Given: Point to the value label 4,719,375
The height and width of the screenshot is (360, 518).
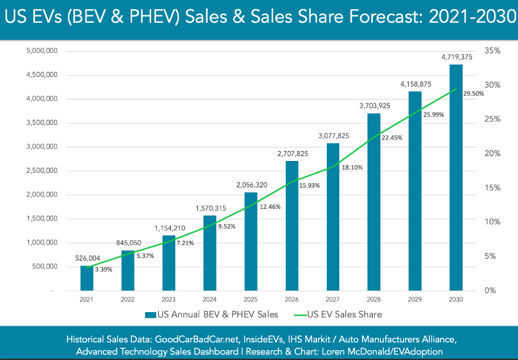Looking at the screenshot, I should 456,57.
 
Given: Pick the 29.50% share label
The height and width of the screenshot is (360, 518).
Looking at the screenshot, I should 474,94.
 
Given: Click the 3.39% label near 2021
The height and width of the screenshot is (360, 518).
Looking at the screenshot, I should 104,269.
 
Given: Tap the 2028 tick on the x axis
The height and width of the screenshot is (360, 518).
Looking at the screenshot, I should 374,299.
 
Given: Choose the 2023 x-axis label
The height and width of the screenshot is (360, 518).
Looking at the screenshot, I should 169,299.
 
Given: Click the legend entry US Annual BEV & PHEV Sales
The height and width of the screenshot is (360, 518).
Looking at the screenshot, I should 211,315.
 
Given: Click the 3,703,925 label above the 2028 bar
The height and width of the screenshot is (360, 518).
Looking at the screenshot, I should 374,106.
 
